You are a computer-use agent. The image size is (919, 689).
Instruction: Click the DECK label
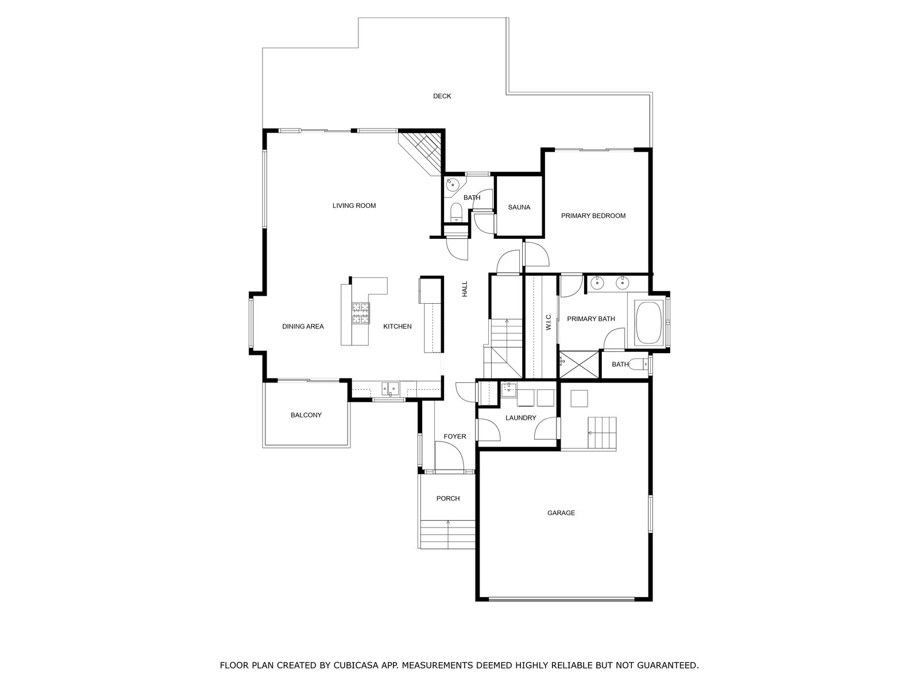[x=442, y=96]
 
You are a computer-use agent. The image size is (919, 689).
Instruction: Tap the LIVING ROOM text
[x=354, y=206]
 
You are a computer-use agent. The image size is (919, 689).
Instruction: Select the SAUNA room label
[x=519, y=207]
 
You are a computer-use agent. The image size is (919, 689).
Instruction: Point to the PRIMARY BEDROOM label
[x=593, y=216]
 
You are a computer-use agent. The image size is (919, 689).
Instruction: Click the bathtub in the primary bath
[x=648, y=323]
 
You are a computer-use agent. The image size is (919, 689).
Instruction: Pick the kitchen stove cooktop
[x=360, y=313]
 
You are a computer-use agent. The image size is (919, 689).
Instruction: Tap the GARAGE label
[x=561, y=513]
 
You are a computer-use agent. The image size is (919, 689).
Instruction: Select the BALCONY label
[x=306, y=415]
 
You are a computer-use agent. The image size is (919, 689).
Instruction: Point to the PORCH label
[x=447, y=498]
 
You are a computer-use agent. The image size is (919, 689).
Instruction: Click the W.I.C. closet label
[x=549, y=322]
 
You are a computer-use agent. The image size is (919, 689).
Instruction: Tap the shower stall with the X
[x=580, y=365]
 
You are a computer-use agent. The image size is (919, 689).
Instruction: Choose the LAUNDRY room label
[x=520, y=417]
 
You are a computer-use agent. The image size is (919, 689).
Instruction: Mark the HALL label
[x=464, y=289]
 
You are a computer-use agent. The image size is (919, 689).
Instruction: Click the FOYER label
[x=455, y=436]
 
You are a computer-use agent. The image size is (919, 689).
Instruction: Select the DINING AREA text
[x=303, y=326]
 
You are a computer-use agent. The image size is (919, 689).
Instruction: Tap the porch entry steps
[x=447, y=534]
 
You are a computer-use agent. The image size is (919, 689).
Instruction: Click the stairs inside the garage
[x=601, y=432]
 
